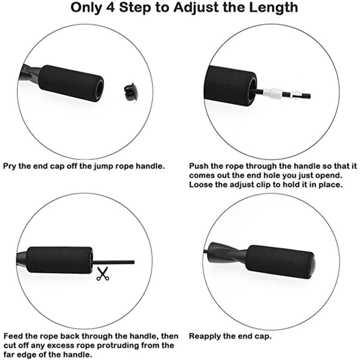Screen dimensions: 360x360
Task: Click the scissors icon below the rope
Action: [103, 274]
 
